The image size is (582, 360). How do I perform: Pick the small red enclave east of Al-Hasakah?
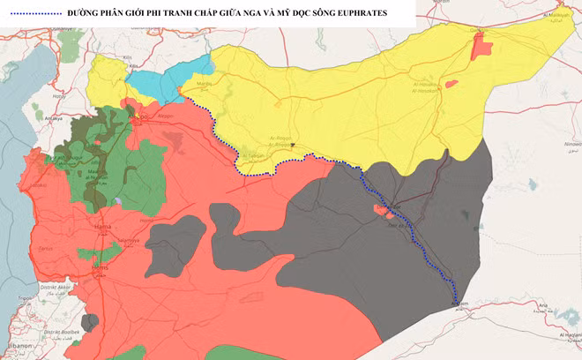451,84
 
